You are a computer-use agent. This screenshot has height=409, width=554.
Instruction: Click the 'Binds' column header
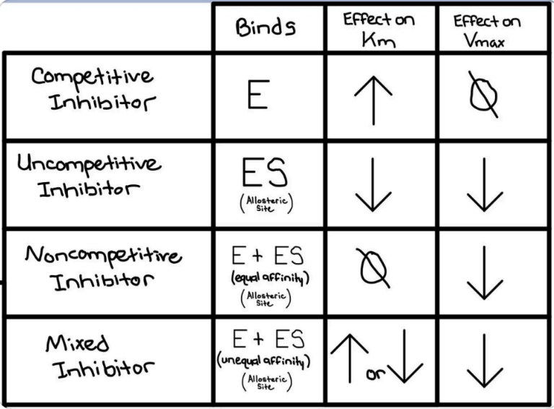265,27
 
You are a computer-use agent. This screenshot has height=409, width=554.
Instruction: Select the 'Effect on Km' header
379,30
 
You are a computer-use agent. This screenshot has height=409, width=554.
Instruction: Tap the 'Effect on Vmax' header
487,31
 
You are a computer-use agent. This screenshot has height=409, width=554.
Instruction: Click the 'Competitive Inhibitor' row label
93,89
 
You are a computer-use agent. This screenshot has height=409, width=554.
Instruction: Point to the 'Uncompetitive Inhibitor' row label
89,176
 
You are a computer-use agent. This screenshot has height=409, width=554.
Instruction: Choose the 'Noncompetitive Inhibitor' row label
104,268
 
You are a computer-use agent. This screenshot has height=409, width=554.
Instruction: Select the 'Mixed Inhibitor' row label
100,356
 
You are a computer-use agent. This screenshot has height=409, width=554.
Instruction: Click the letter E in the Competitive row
259,94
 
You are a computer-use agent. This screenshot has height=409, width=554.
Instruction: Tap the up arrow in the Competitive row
373,100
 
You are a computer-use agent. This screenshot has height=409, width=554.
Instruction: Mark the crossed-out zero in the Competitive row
483,95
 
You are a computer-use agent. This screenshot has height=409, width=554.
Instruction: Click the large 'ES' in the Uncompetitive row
265,172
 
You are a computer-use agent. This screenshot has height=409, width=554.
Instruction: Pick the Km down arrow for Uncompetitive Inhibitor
373,185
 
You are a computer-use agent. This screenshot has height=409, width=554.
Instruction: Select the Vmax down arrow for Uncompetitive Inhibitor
485,185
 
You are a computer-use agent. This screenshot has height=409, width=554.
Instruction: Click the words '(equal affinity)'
271,278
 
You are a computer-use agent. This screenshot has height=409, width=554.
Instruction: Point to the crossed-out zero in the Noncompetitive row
373,269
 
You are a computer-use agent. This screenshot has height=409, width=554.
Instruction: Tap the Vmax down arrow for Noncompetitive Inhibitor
485,272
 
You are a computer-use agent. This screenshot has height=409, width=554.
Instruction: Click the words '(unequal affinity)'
263,361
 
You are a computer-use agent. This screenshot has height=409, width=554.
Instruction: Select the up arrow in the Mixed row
350,358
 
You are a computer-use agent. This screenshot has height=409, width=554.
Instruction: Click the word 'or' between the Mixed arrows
376,374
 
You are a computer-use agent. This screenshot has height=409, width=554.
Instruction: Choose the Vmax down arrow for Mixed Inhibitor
485,361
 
